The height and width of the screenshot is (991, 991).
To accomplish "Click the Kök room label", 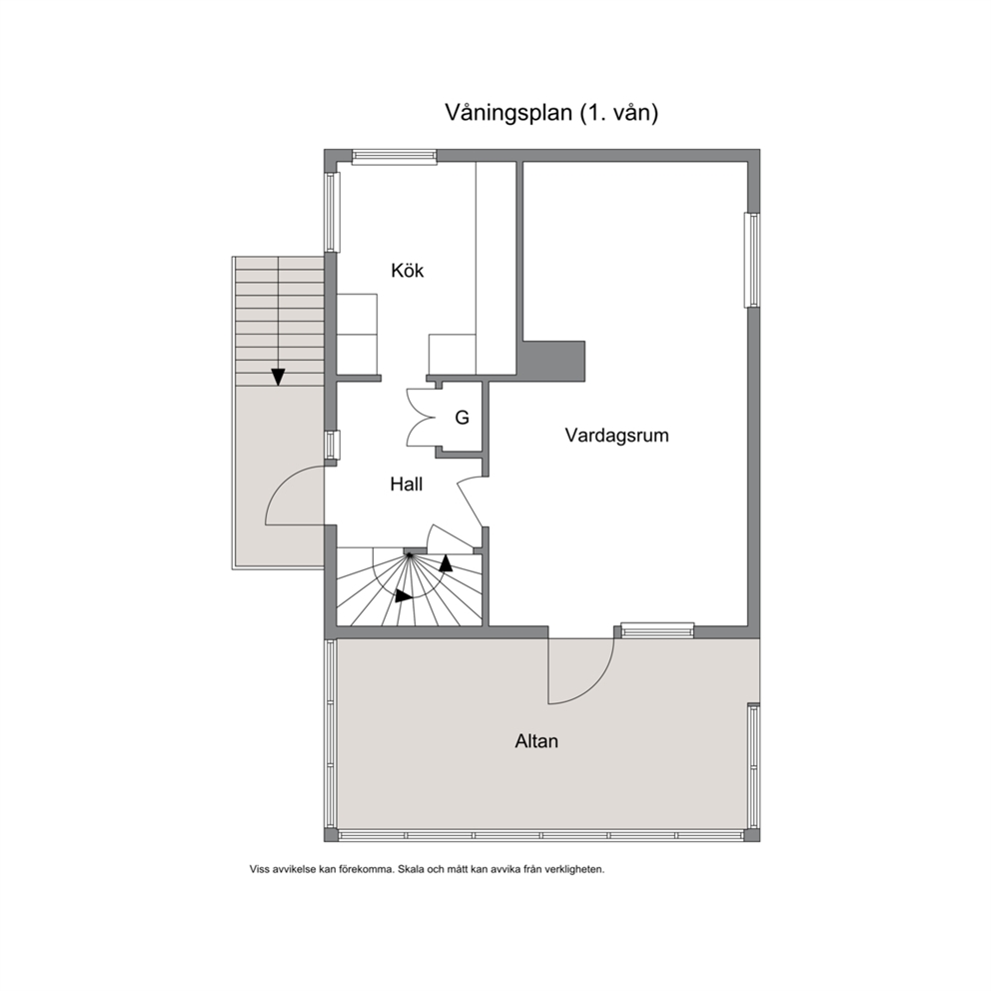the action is pyautogui.click(x=407, y=271).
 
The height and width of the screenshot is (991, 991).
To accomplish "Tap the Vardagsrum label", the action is pyautogui.click(x=616, y=435).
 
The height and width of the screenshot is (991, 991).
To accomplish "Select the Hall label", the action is pyautogui.click(x=406, y=485).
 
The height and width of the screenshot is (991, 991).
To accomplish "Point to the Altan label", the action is pyautogui.click(x=536, y=740).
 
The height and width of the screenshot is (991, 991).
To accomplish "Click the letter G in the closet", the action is pyautogui.click(x=462, y=418).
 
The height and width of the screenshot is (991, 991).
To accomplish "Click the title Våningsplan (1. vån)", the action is pyautogui.click(x=551, y=113).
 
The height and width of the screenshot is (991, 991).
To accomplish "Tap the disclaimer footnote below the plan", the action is pyautogui.click(x=428, y=869).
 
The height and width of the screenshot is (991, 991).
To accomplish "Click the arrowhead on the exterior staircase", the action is pyautogui.click(x=278, y=377).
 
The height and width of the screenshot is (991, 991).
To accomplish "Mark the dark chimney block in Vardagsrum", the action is pyautogui.click(x=553, y=361).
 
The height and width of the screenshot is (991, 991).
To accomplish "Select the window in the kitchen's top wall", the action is pyautogui.click(x=395, y=156).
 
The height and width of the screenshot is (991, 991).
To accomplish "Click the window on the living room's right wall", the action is pyautogui.click(x=752, y=260).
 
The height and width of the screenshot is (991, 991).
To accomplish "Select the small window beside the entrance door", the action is pyautogui.click(x=332, y=445).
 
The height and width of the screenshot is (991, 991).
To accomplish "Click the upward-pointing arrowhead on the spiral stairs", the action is pyautogui.click(x=447, y=562).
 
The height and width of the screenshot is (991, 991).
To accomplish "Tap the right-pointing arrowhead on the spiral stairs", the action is pyautogui.click(x=404, y=596).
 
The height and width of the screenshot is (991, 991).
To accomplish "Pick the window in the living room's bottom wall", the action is pyautogui.click(x=657, y=630).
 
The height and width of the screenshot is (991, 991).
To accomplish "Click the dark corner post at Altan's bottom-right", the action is pyautogui.click(x=752, y=835).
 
